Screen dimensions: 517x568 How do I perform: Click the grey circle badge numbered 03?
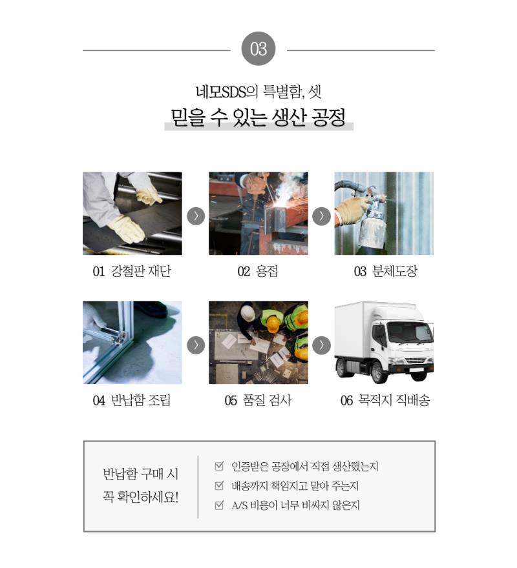click(258, 48)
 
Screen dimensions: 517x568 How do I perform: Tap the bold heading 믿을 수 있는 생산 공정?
click(258, 117)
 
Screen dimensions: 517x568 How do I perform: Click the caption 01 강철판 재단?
click(132, 271)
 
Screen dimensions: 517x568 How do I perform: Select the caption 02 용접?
click(258, 271)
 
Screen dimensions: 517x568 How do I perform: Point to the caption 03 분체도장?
click(386, 271)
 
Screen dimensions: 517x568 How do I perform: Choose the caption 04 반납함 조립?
click(132, 400)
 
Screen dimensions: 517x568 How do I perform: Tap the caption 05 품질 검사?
click(258, 400)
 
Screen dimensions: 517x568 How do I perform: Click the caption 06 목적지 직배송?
click(385, 400)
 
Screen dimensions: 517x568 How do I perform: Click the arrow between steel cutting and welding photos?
click(196, 216)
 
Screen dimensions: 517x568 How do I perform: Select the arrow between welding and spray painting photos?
click(321, 216)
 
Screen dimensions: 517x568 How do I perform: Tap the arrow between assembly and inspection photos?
click(196, 345)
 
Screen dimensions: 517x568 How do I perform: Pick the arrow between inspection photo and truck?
click(321, 345)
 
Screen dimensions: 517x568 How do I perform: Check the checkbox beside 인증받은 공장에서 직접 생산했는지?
click(219, 466)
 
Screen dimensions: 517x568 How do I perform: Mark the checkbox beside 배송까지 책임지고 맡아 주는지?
click(219, 485)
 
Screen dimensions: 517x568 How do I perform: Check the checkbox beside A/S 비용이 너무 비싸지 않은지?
click(219, 505)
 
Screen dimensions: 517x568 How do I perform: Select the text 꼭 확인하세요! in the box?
click(140, 497)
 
